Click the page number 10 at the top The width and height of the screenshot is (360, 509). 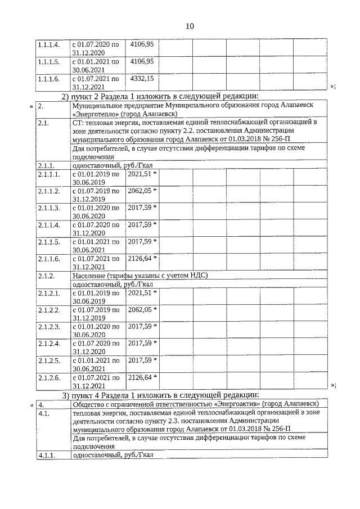pyautogui.click(x=189, y=26)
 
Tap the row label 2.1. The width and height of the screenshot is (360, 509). pyautogui.click(x=43, y=121)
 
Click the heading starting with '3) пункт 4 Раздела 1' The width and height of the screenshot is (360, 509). pyautogui.click(x=160, y=395)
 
